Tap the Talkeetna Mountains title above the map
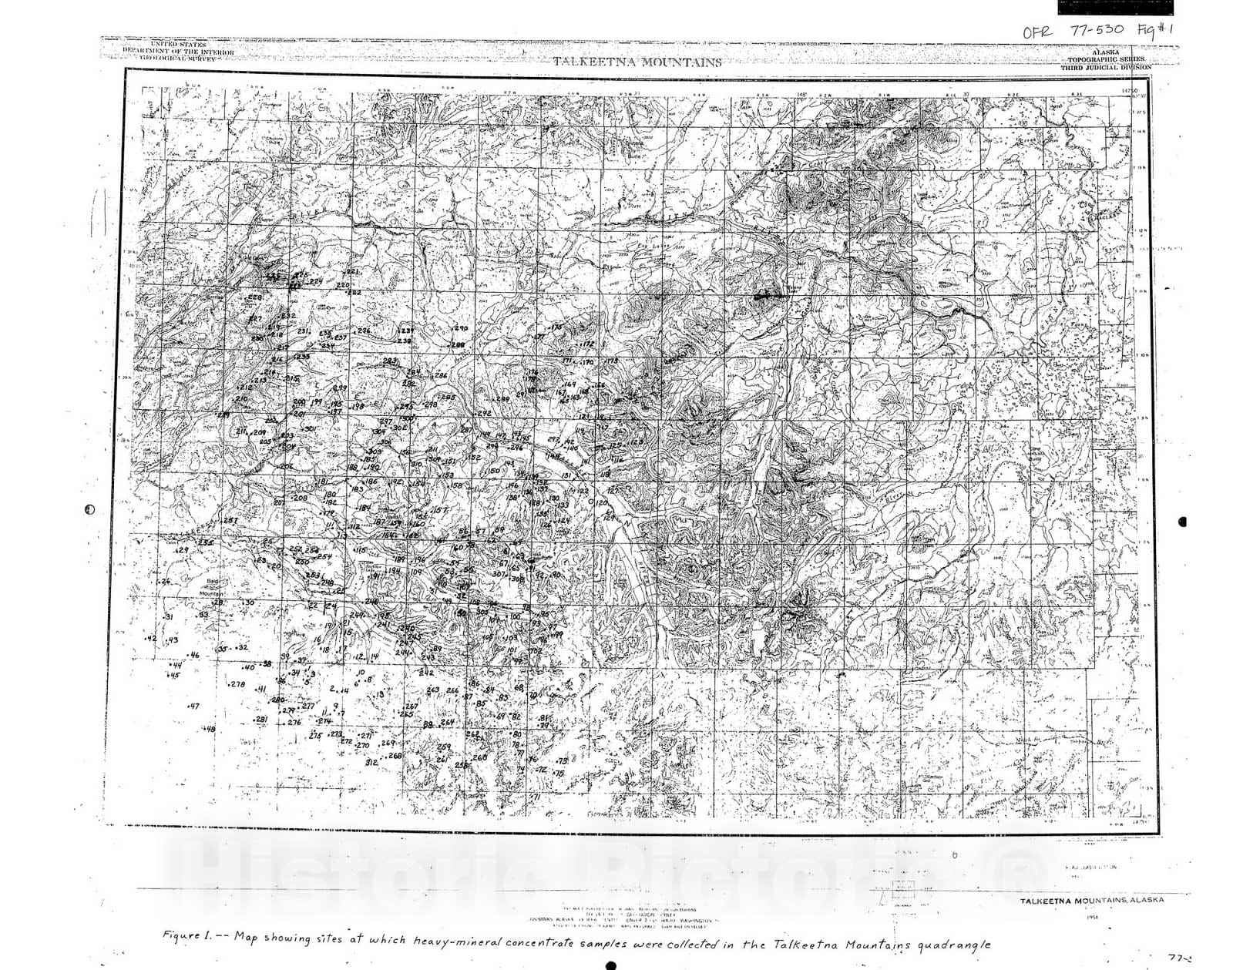coord(637,62)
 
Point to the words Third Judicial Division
coord(1106,68)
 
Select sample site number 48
coord(210,729)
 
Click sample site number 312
coord(371,762)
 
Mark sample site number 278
coord(237,684)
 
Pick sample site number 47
coord(193,706)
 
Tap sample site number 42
coord(151,639)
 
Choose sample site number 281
coord(261,719)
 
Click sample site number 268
coord(395,756)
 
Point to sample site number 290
coord(462,329)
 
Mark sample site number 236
coord(364,331)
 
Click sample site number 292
coord(484,414)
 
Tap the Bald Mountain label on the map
coord(210,589)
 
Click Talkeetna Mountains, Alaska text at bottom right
coord(1092,901)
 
